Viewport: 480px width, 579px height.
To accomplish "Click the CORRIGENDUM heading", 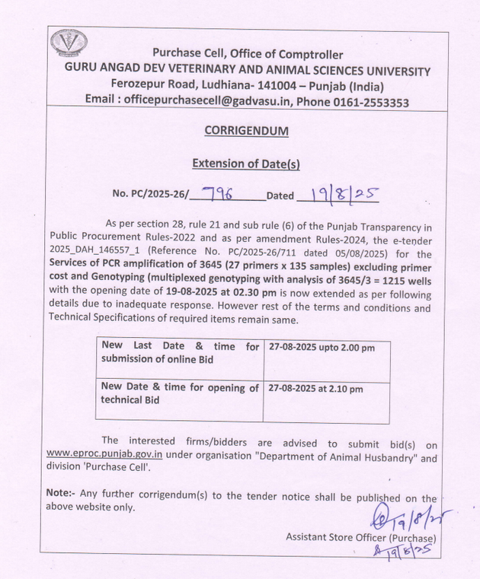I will coord(247,131).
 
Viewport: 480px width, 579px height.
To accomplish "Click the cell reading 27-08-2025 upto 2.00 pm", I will coord(322,348).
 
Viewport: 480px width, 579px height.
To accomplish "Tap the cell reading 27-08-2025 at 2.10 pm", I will coord(316,389).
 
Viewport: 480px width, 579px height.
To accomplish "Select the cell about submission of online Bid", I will coord(180,353).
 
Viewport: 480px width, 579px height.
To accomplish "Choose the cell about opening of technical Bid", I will coord(180,394).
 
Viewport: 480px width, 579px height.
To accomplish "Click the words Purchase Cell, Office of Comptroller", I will coord(248,54).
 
